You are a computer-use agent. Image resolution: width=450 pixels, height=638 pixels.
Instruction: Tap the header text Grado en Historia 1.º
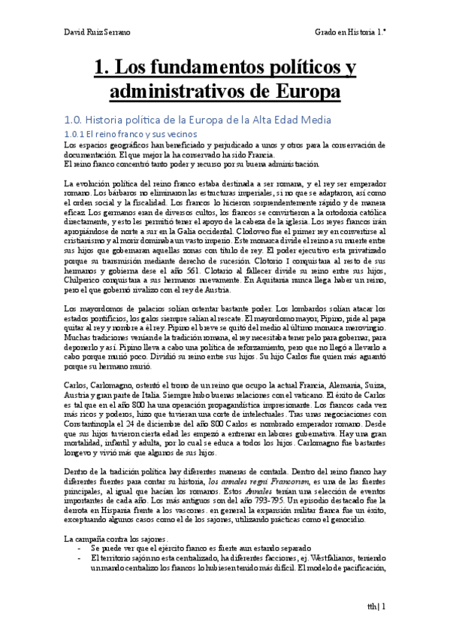349,35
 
